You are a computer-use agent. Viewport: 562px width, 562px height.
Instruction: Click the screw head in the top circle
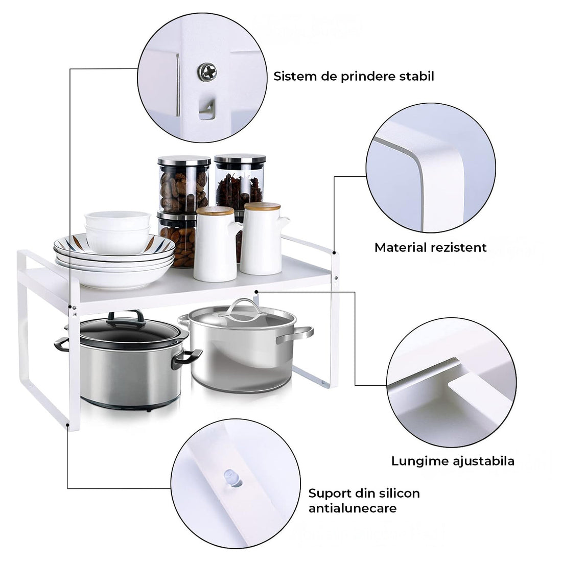(208, 72)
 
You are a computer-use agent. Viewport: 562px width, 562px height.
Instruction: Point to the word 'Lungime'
(420, 461)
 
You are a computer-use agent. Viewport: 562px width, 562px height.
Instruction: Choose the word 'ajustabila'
(484, 461)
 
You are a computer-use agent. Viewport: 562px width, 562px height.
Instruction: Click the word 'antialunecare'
(353, 508)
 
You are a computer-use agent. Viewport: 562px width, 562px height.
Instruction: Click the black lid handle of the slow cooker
(125, 316)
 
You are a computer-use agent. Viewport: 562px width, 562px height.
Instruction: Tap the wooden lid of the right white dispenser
(262, 206)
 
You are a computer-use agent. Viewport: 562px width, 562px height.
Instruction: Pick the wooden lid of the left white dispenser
(215, 210)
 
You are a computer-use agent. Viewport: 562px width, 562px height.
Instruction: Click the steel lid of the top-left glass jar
(184, 160)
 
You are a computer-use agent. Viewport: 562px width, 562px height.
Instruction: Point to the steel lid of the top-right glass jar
(240, 158)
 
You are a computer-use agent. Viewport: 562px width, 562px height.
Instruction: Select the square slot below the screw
(206, 108)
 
